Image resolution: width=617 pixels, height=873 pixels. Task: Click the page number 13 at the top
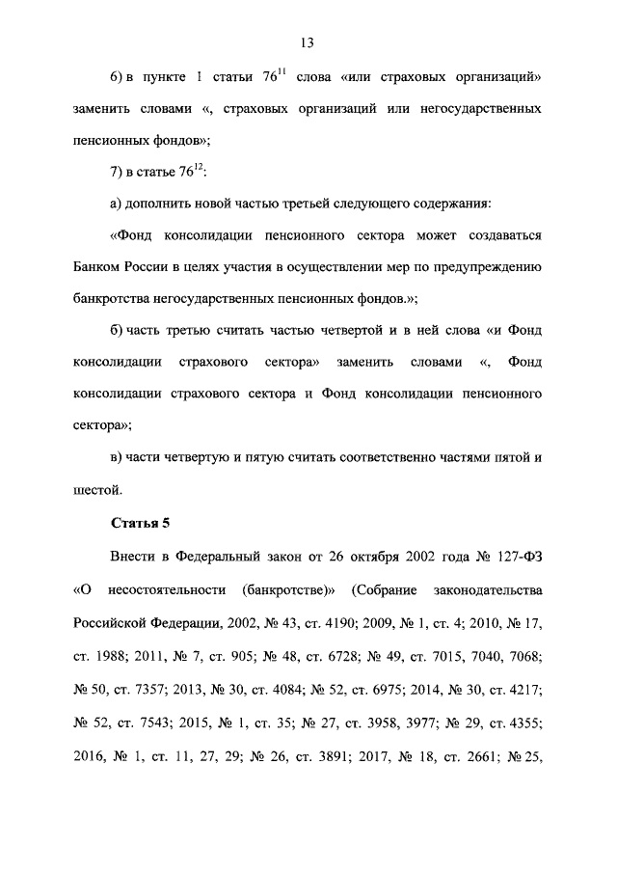308,42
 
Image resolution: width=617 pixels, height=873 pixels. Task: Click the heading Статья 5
140,524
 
